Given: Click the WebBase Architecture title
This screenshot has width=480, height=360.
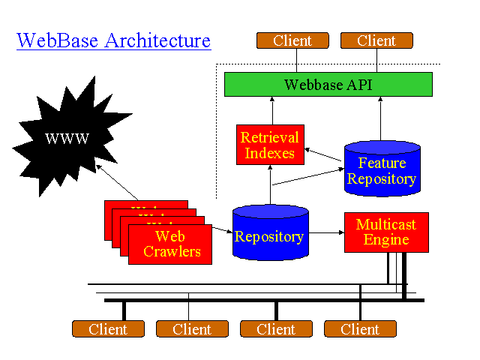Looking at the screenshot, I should click(113, 40).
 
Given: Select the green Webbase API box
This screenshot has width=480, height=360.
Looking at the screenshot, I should click(328, 84).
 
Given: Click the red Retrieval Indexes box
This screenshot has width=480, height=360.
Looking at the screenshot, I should click(270, 145).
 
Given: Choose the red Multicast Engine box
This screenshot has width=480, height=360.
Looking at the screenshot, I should click(385, 232).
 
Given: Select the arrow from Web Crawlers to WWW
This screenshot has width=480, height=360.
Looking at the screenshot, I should click(119, 184).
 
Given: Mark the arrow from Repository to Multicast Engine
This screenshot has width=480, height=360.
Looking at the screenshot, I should click(325, 232).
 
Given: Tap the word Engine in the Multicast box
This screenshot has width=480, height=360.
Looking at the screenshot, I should click(385, 240).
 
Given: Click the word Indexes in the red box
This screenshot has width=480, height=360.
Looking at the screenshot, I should click(270, 153).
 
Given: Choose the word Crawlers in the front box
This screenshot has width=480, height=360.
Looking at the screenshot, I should click(172, 251).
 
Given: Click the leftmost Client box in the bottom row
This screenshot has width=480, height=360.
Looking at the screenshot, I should click(108, 329).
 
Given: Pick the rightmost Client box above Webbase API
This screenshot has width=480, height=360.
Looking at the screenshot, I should click(376, 40).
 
